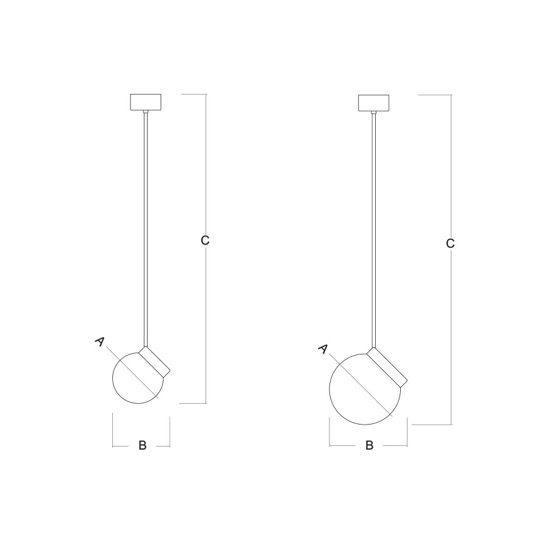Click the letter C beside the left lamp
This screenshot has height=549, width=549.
(205, 240)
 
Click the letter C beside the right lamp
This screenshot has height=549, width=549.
(450, 243)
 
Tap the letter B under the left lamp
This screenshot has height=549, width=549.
(142, 445)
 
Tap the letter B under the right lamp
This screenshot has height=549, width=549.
(370, 445)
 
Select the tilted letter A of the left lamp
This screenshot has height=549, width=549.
(99, 342)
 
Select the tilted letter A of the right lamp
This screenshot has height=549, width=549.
(323, 348)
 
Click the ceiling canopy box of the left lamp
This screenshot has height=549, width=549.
(146, 102)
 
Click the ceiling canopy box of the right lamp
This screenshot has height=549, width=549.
(373, 103)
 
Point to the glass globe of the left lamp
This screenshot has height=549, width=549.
(112, 378)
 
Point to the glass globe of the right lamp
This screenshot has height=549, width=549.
(329, 389)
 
